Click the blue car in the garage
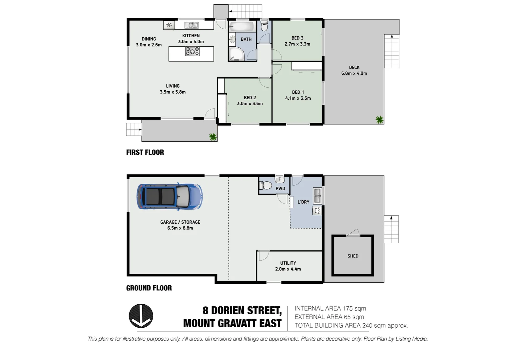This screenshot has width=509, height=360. (169, 196)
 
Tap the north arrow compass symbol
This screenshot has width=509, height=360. (141, 316)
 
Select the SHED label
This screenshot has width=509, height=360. (353, 256)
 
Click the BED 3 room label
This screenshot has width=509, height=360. (297, 38)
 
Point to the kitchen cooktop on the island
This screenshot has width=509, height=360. (192, 51)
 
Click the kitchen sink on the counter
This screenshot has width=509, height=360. (192, 25)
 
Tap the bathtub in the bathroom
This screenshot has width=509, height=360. (242, 27)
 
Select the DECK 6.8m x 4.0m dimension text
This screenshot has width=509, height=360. (354, 73)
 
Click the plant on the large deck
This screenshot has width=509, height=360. (379, 119)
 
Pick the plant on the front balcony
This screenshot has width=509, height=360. (213, 136)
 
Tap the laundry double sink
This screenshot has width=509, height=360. (317, 196)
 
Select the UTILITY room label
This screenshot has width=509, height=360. (288, 263)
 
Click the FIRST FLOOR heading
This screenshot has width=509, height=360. (145, 152)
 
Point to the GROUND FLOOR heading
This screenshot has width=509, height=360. (149, 288)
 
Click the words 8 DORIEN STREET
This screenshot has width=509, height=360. (242, 310)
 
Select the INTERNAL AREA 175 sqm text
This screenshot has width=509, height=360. (330, 308)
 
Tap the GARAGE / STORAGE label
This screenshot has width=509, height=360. (180, 222)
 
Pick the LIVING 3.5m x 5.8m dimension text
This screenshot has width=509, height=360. (173, 92)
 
